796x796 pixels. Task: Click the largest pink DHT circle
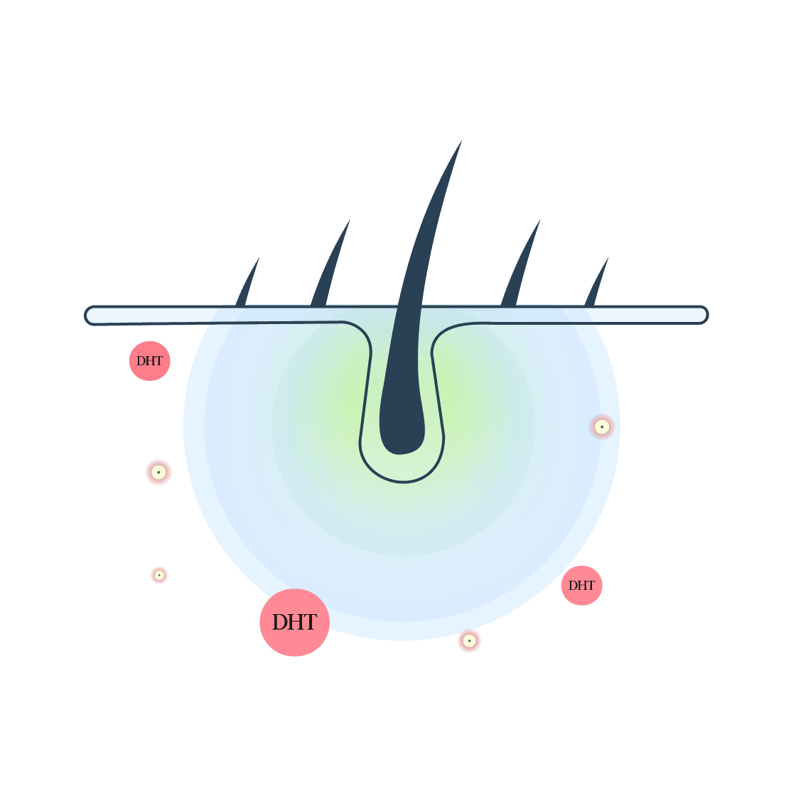click(294, 622)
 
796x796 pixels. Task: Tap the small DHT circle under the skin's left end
click(150, 361)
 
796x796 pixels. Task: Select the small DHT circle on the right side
click(582, 586)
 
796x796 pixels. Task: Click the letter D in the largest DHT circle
click(281, 622)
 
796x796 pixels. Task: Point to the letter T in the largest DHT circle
click(309, 622)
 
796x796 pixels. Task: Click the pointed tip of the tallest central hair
click(461, 141)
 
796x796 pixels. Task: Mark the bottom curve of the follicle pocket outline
click(402, 481)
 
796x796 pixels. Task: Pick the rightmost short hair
click(596, 283)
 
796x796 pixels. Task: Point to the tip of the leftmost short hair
click(259, 258)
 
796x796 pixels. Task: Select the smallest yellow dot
click(159, 575)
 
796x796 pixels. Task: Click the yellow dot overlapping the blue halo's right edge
click(602, 427)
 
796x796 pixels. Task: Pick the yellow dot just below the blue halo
click(469, 640)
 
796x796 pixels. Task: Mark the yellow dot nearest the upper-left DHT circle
click(158, 472)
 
